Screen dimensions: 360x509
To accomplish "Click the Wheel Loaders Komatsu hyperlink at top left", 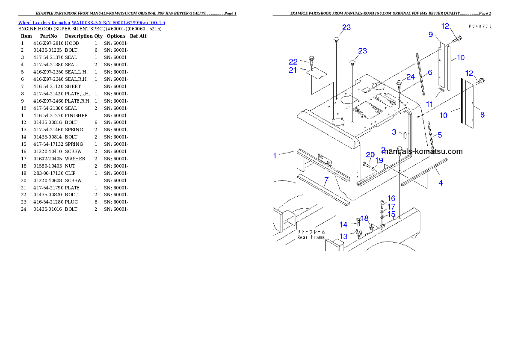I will pyautogui.click(x=92, y=23).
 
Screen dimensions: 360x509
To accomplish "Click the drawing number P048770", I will pyautogui.click(x=479, y=26).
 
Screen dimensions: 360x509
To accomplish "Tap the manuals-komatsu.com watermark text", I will pyautogui.click(x=423, y=151).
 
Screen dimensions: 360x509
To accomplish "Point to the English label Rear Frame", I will pyautogui.click(x=311, y=237).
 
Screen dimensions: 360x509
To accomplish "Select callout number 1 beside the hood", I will pyautogui.click(x=275, y=156).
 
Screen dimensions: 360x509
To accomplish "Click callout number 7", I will pyautogui.click(x=326, y=180).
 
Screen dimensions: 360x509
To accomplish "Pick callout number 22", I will pyautogui.click(x=293, y=62).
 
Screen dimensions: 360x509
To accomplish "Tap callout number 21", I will pyautogui.click(x=293, y=70).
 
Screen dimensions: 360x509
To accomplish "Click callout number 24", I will pyautogui.click(x=411, y=77).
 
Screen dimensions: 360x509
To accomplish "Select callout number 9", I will pyautogui.click(x=431, y=34).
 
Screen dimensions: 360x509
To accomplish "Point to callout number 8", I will pyautogui.click(x=482, y=115).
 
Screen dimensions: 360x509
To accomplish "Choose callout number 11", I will pyautogui.click(x=429, y=104).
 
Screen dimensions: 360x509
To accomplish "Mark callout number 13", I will pyautogui.click(x=344, y=236).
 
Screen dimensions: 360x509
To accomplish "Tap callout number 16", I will pyautogui.click(x=391, y=198).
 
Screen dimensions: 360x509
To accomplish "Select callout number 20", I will pyautogui.click(x=370, y=155).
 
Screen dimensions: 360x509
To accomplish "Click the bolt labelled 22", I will pyautogui.click(x=311, y=60).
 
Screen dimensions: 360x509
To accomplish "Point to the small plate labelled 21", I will pyautogui.click(x=317, y=75).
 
